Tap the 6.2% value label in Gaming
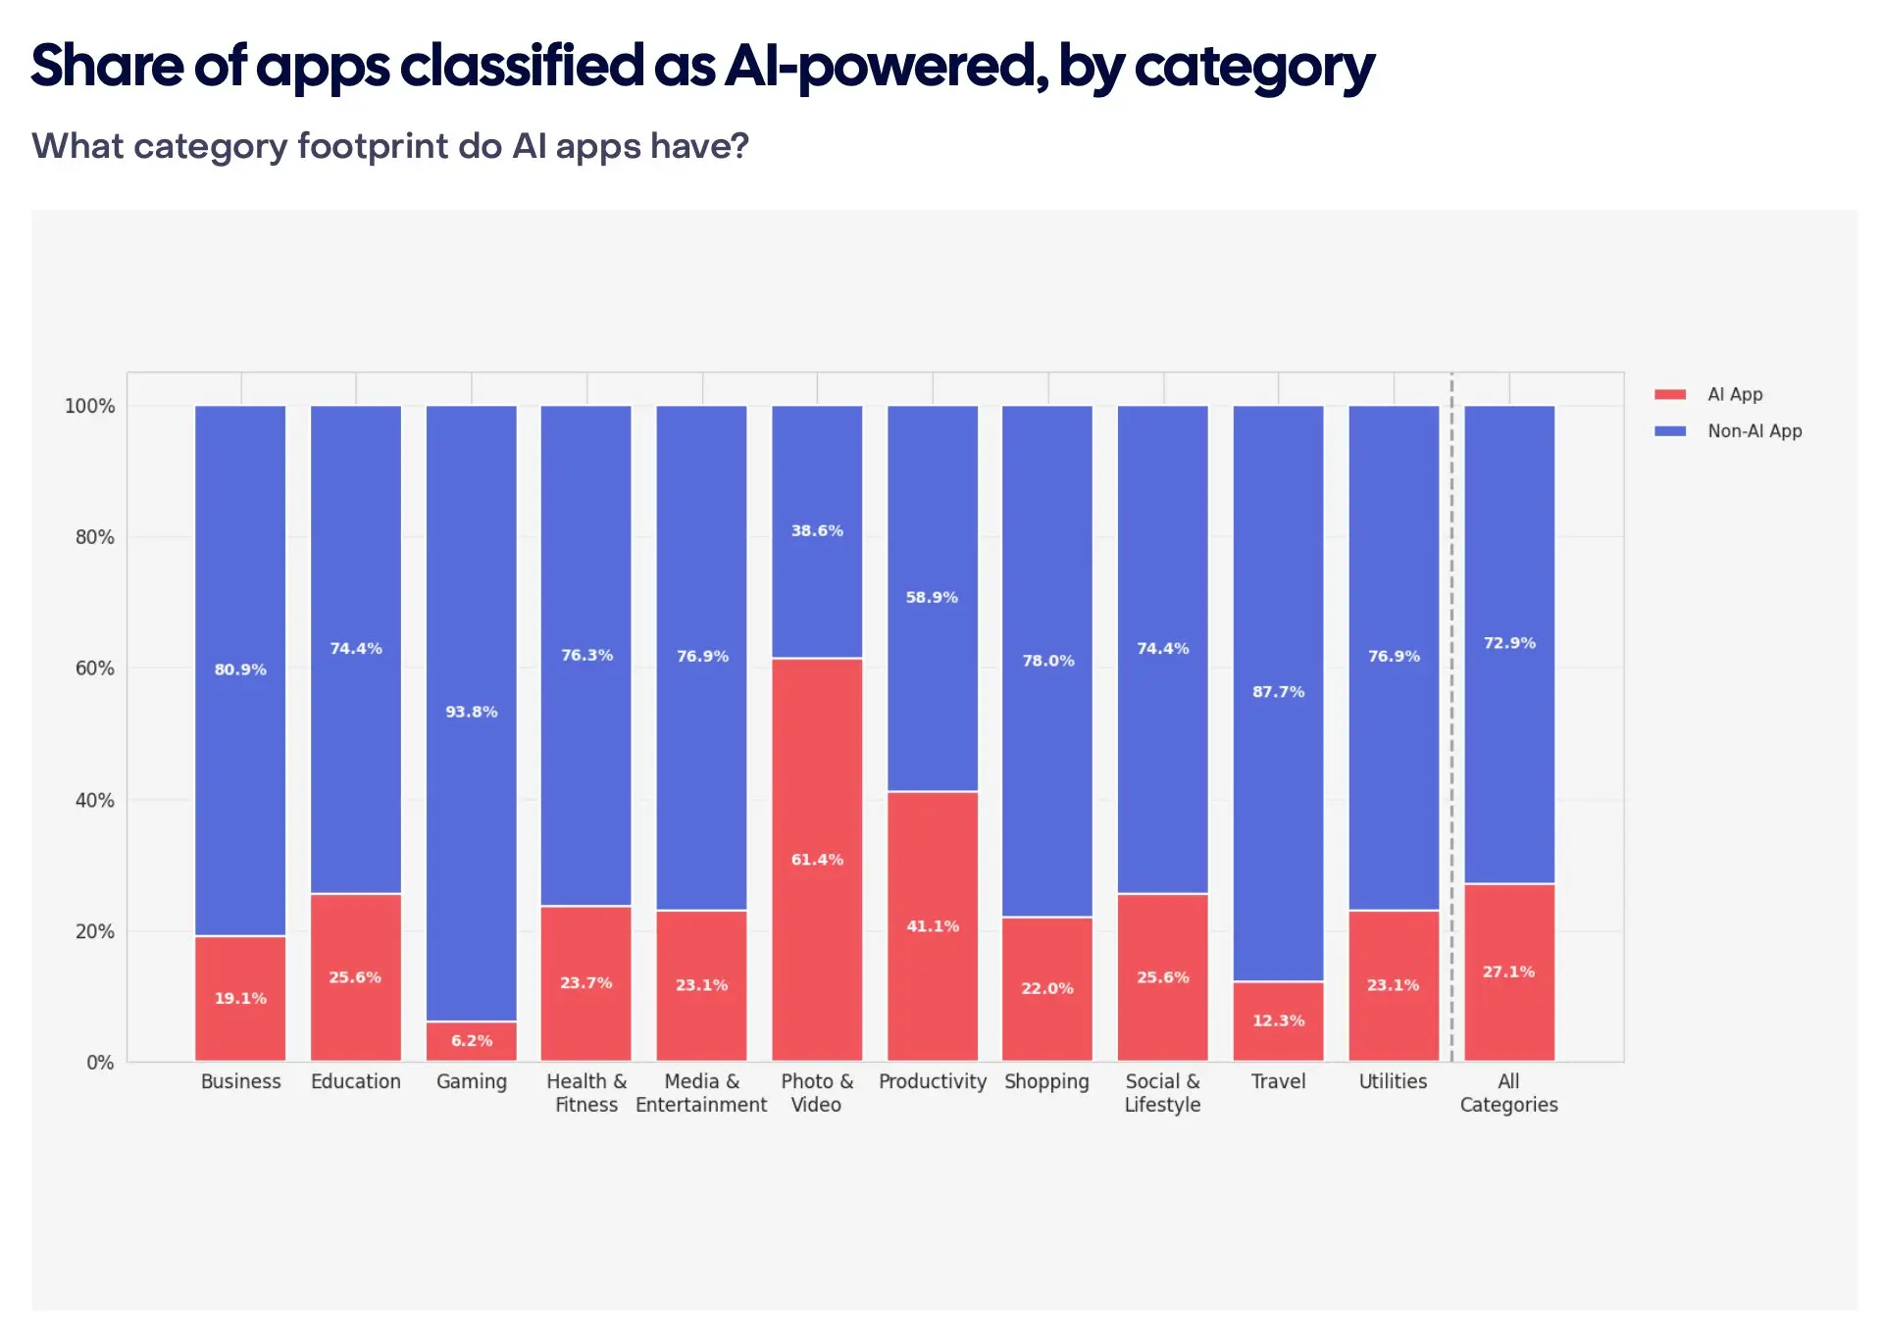point(472,1041)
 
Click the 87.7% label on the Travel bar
point(1278,692)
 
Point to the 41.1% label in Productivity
point(933,926)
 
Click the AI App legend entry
point(1734,395)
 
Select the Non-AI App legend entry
point(1754,431)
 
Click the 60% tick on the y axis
point(94,669)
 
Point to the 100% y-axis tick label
point(89,406)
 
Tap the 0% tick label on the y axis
point(100,1063)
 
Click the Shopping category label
point(1046,1081)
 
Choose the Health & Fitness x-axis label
point(586,1093)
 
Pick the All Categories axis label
point(1508,1093)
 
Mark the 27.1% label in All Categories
point(1508,972)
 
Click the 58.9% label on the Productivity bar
point(932,598)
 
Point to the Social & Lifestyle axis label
point(1162,1093)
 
